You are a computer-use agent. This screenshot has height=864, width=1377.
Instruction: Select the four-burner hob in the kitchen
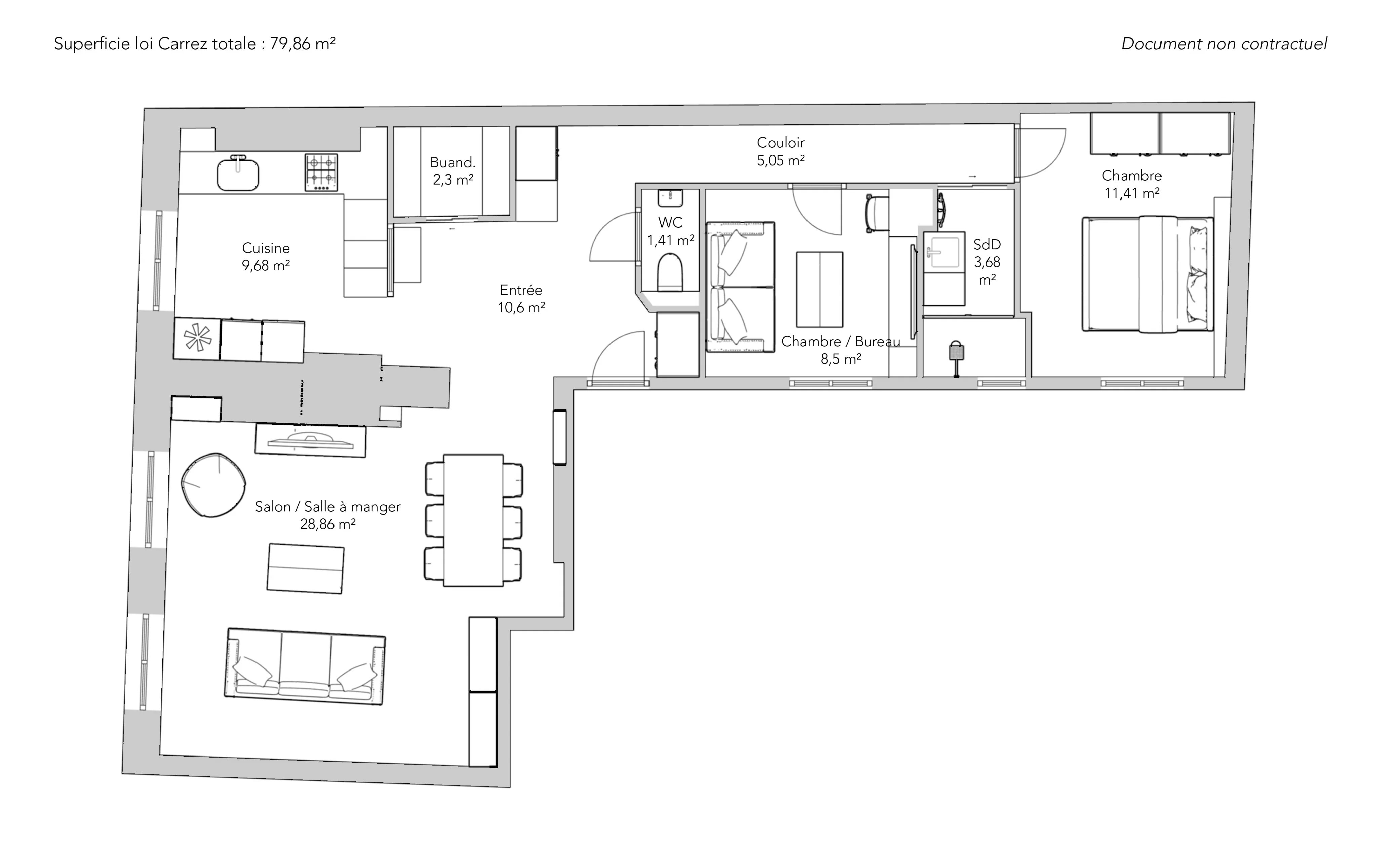321,172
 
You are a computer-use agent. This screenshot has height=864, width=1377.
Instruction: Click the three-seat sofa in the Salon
305,666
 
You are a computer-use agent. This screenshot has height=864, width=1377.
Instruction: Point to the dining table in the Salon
473,520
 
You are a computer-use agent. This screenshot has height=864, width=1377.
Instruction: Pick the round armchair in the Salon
213,485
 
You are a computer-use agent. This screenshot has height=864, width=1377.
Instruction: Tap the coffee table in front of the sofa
305,569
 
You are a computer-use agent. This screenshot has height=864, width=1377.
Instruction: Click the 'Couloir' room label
781,142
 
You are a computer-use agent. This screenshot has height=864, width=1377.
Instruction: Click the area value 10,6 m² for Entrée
521,307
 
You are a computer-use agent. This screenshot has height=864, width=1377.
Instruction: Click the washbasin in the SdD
944,250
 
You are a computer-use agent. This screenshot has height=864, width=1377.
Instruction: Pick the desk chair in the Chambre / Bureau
877,214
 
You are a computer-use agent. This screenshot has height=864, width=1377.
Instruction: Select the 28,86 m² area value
328,524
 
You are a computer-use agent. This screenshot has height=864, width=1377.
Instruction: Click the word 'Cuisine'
266,248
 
